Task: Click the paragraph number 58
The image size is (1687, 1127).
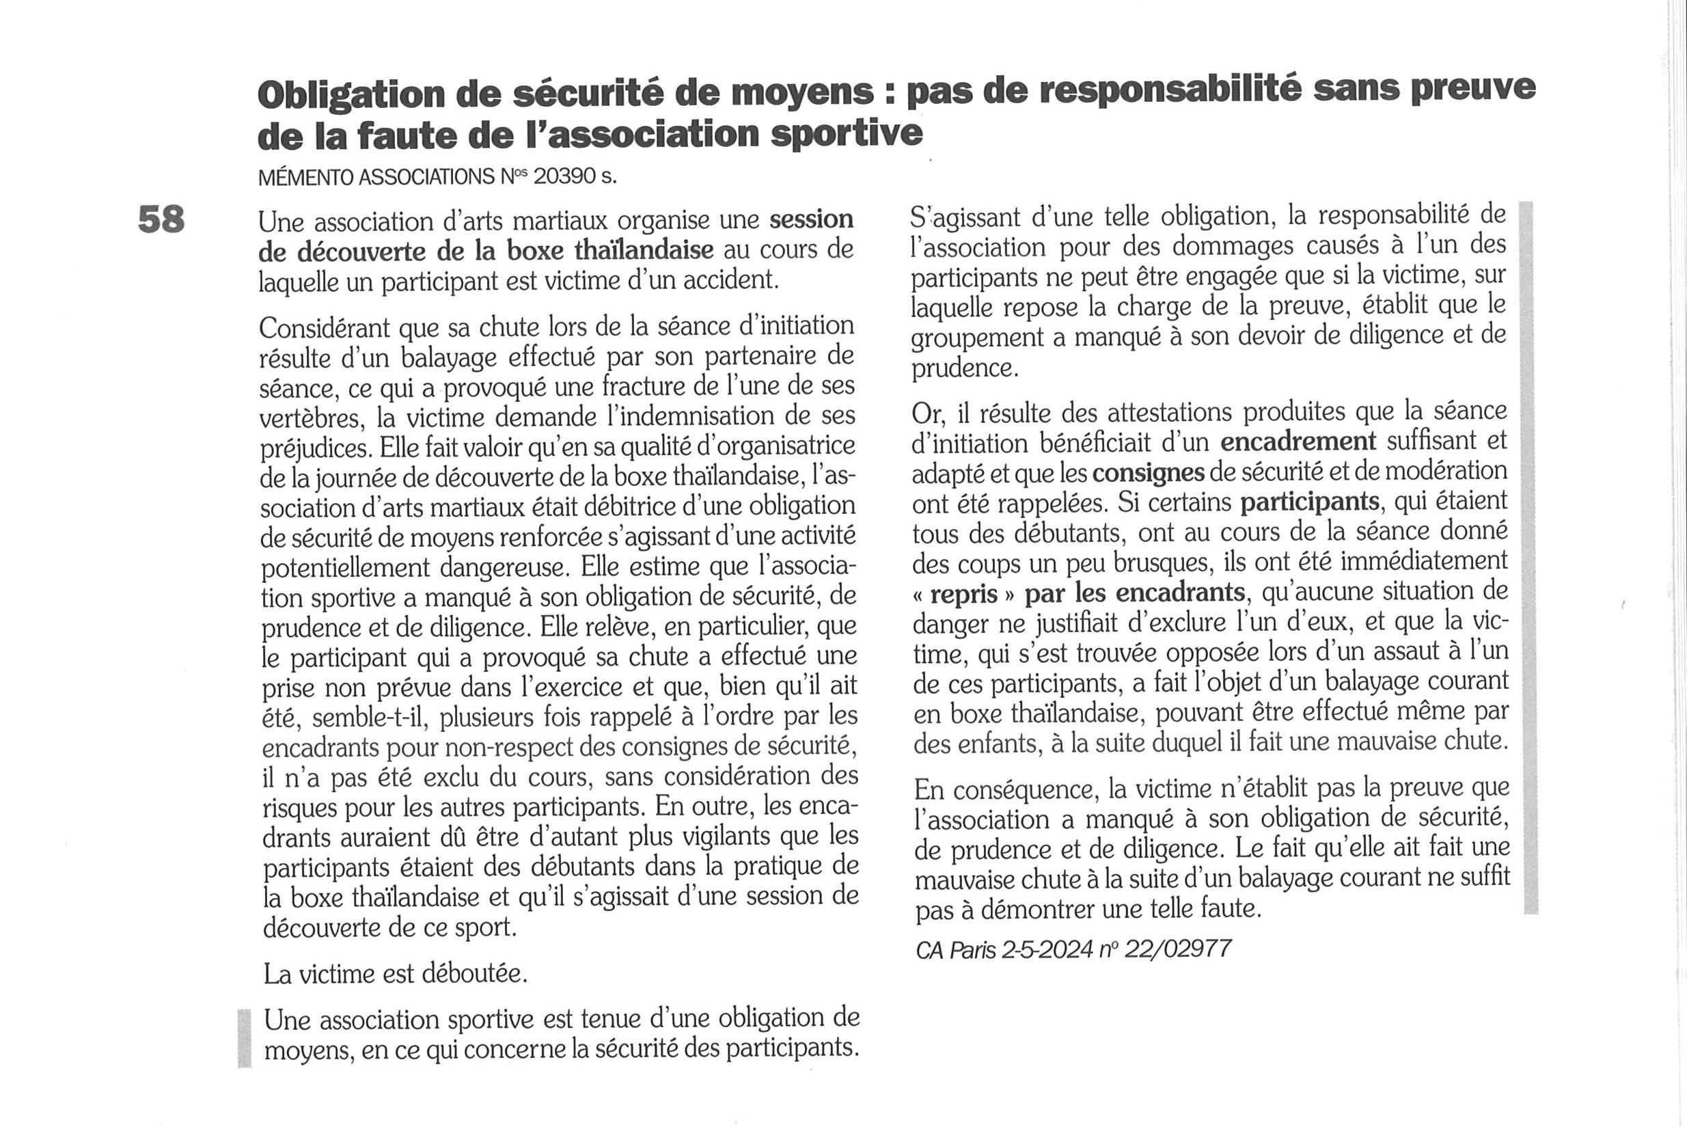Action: click(161, 219)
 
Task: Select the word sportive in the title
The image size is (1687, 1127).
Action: click(847, 133)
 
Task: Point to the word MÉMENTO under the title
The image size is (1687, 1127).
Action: click(305, 177)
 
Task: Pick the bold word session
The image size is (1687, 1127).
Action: click(811, 219)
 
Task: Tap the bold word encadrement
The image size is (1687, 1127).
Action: click(1298, 441)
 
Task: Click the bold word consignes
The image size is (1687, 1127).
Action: click(1148, 472)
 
